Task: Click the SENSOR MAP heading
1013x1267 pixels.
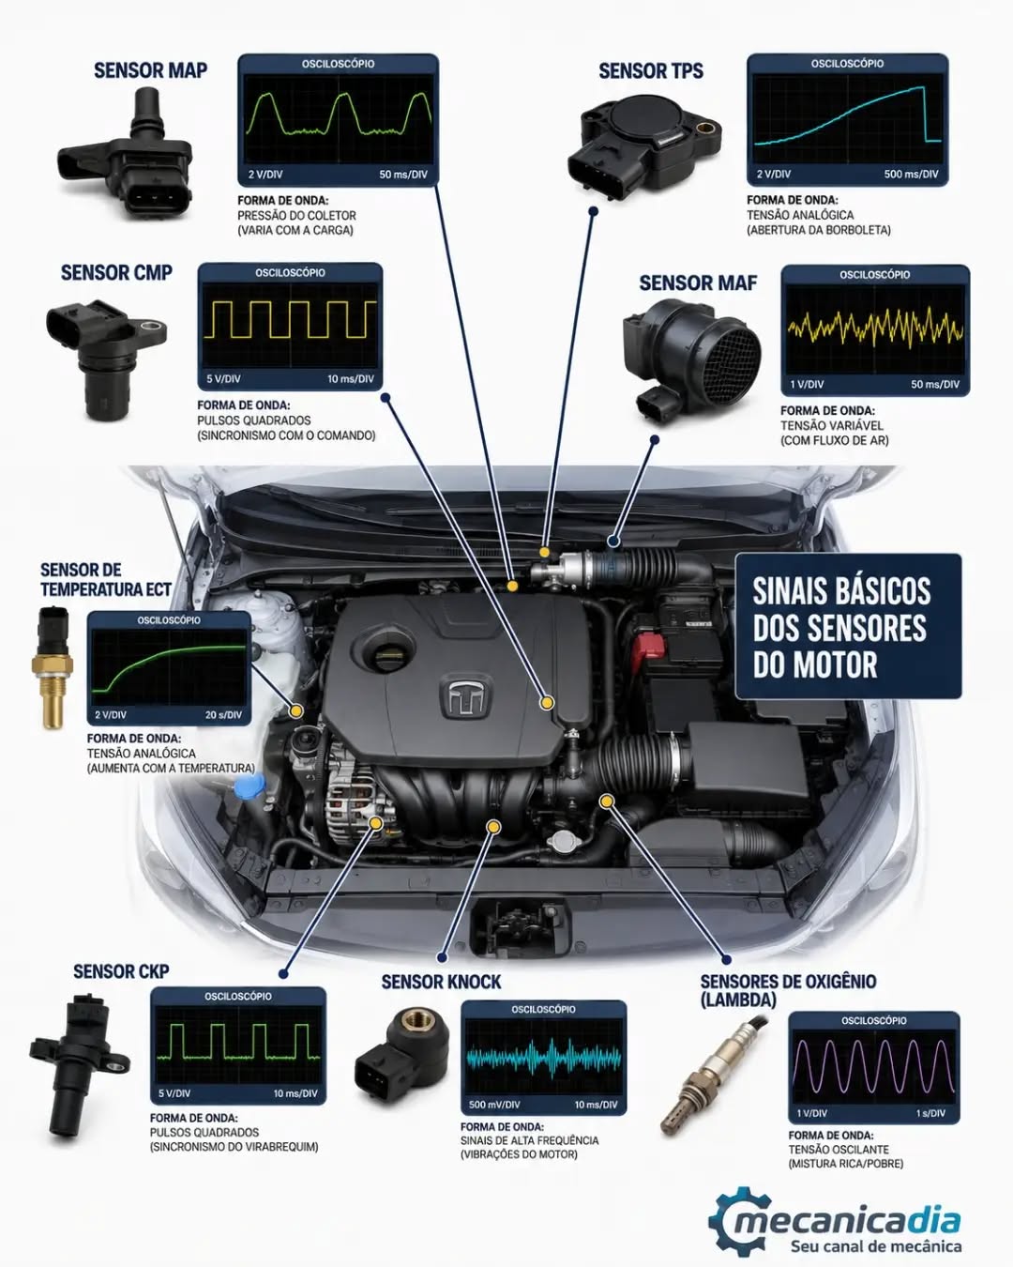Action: (x=151, y=70)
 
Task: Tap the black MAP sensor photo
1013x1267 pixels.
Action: (x=127, y=154)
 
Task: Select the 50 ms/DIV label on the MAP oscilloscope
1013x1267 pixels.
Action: (x=403, y=175)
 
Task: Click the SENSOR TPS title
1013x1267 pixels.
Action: (x=651, y=70)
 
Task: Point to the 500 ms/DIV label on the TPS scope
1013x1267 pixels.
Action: (x=911, y=175)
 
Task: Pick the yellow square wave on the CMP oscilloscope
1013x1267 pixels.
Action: (x=290, y=320)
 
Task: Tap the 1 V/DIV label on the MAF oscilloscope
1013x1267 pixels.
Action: (x=807, y=385)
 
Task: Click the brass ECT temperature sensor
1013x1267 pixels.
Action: (x=52, y=667)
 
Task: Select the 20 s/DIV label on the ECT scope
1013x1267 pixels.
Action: (x=223, y=715)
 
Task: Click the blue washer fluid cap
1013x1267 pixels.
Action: (x=249, y=786)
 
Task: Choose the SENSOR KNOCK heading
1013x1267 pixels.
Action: (x=441, y=982)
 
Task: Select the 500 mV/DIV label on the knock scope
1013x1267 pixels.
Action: (x=494, y=1105)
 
